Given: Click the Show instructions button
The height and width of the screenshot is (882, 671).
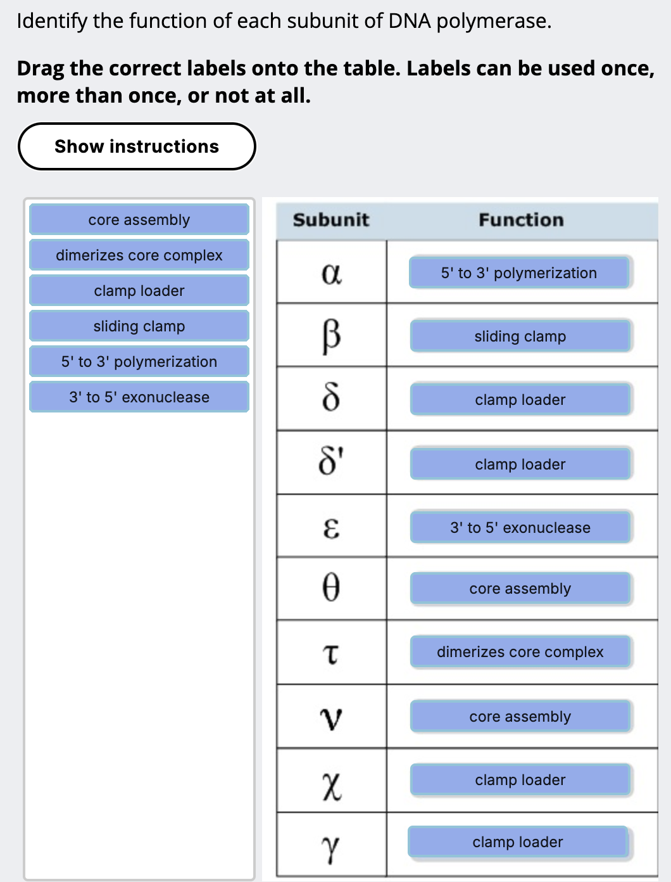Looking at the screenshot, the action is (137, 146).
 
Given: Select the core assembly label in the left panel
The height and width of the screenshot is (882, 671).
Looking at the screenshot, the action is (139, 220).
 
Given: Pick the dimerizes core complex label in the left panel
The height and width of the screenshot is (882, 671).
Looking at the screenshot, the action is (139, 255).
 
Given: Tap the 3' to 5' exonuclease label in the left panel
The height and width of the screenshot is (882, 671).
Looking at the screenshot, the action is (139, 397).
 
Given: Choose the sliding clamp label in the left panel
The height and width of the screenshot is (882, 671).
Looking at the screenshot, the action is (139, 326).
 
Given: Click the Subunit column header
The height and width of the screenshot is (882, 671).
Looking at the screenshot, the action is (331, 220).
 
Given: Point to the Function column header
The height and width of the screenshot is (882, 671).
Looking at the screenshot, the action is (521, 220).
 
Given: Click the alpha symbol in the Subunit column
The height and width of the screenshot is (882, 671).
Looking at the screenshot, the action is (332, 274).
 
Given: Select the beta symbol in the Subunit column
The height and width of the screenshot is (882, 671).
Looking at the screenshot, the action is (332, 336).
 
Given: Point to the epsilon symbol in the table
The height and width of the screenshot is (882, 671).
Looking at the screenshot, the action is (331, 527).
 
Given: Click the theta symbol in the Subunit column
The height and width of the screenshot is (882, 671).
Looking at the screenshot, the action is (331, 588).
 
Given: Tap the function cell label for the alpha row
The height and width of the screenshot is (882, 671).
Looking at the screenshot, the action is (519, 273).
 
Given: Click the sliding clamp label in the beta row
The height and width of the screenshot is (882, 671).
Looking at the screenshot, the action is (520, 336).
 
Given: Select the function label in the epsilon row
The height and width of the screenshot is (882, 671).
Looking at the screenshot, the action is (520, 528).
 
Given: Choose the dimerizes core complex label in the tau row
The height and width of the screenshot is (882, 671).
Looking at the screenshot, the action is (520, 652).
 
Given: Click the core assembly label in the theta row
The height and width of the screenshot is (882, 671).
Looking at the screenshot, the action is (520, 589).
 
